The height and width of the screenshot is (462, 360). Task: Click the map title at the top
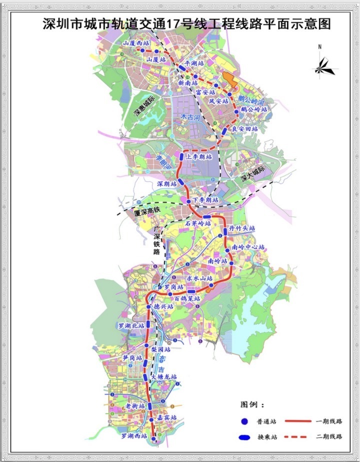(x=180, y=23)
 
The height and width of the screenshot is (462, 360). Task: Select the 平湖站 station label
(x=194, y=63)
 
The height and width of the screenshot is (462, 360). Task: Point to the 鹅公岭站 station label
(x=254, y=108)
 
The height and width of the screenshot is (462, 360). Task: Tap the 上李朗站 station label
(x=198, y=156)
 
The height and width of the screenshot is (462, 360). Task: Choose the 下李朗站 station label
(x=206, y=200)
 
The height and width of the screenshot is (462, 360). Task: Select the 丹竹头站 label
(x=242, y=228)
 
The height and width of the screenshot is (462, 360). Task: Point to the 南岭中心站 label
(x=248, y=247)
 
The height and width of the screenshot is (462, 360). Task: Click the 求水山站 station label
(x=200, y=278)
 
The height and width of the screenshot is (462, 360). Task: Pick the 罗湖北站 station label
(x=131, y=325)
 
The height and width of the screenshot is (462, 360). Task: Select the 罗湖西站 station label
(x=134, y=436)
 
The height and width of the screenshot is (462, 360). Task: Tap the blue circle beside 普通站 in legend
(x=245, y=422)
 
